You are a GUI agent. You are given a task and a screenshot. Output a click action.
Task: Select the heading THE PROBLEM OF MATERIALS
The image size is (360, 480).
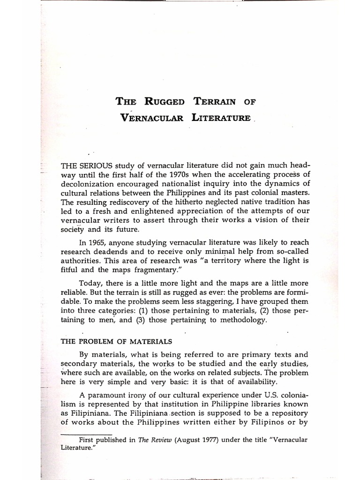[x=110, y=341]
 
